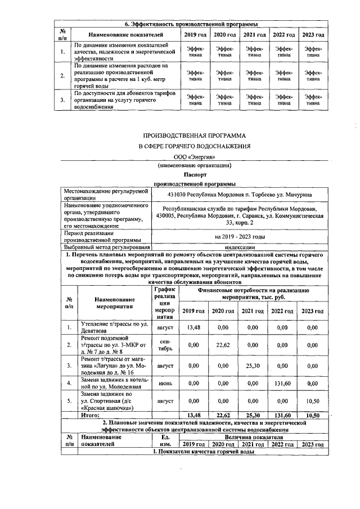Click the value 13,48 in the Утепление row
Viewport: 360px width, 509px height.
coord(193,327)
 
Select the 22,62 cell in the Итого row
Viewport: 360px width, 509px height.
coord(223,416)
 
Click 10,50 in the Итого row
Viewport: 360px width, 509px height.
coord(312,416)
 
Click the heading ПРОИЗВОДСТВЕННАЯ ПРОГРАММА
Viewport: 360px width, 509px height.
coord(194,136)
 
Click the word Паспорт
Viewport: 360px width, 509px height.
coord(194,174)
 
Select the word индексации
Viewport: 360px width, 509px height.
coord(241,247)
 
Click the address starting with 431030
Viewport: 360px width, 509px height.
coord(241,195)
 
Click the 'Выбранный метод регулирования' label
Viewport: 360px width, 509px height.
coord(106,247)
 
